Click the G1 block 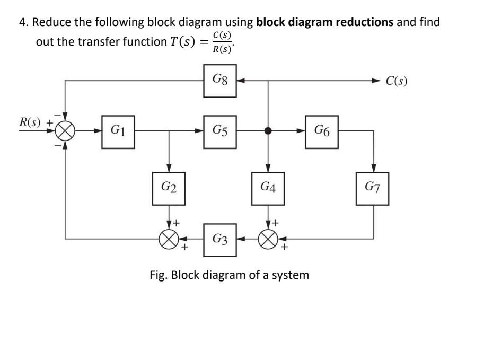click(x=118, y=130)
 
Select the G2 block click(x=169, y=188)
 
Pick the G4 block click(x=269, y=188)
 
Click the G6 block click(x=322, y=130)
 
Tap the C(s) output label click(x=397, y=81)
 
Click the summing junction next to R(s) click(x=65, y=130)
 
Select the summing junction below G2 click(x=169, y=239)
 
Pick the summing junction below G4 click(x=269, y=239)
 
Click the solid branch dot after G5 click(x=269, y=130)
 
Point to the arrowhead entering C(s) click(x=376, y=81)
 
